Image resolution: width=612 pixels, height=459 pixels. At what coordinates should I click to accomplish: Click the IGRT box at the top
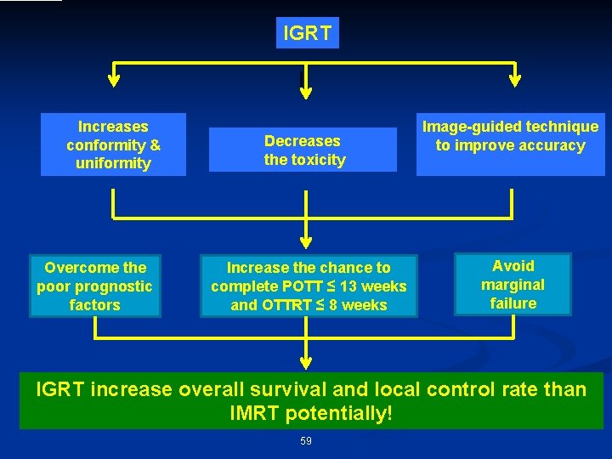tap(307, 33)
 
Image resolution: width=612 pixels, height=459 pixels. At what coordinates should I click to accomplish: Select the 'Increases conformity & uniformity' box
tap(113, 144)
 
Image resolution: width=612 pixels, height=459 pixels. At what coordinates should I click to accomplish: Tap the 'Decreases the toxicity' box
tap(304, 150)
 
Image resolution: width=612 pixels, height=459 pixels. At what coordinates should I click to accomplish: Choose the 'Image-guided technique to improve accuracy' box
tap(510, 136)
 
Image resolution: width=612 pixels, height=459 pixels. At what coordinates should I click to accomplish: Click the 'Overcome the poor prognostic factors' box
tap(94, 286)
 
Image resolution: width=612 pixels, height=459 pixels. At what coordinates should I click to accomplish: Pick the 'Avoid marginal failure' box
tap(513, 285)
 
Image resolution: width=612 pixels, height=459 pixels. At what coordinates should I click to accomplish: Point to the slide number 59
tap(306, 440)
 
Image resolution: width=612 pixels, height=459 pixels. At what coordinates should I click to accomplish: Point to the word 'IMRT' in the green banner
tap(262, 414)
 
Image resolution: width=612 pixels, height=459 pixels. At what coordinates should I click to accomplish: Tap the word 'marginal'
tap(513, 285)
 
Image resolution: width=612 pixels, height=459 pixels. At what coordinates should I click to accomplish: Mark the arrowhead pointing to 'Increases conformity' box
tap(114, 82)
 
